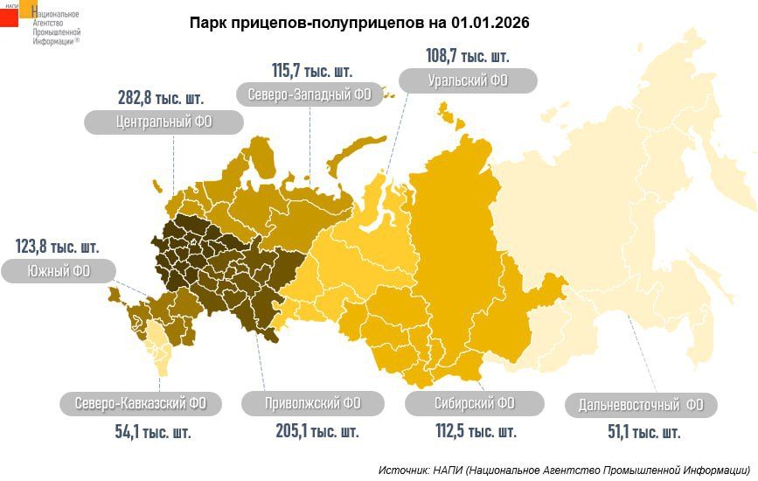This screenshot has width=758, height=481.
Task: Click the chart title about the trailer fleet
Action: pyautogui.click(x=359, y=21)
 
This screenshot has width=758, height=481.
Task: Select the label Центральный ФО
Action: pyautogui.click(x=163, y=122)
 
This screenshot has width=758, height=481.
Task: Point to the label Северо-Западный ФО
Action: pyautogui.click(x=310, y=94)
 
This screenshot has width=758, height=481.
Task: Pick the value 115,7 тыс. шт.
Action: pyautogui.click(x=312, y=69)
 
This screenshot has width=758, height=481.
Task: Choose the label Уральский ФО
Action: pyautogui.click(x=468, y=81)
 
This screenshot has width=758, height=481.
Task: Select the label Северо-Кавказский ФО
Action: pyautogui.click(x=141, y=403)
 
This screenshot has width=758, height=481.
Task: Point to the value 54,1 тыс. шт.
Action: pyautogui.click(x=141, y=431)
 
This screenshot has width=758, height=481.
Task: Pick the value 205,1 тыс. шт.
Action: pyautogui.click(x=312, y=431)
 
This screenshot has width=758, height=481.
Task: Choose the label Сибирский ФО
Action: pyautogui.click(x=475, y=403)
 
